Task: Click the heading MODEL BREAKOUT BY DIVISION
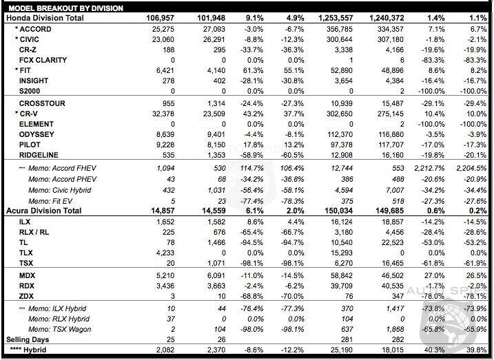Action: [x=65, y=8]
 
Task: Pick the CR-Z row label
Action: [x=28, y=50]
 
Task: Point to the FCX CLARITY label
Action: [x=43, y=61]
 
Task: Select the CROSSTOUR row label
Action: [x=42, y=103]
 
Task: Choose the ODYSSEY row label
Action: [x=37, y=134]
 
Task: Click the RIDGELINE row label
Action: [x=38, y=155]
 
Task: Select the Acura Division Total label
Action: [x=45, y=210]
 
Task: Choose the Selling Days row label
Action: [x=28, y=339]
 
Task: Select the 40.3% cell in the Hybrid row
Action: [x=433, y=350]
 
